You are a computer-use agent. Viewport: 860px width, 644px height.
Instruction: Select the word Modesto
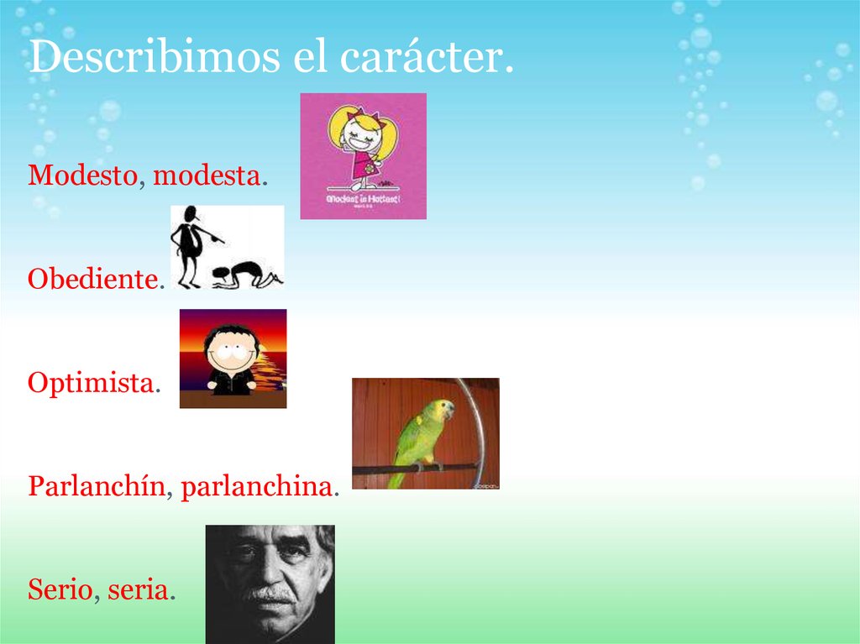82,175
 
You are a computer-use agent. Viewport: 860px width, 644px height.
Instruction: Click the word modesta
207,175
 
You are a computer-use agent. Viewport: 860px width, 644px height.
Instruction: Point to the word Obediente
92,279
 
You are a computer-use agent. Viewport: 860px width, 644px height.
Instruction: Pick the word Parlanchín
96,486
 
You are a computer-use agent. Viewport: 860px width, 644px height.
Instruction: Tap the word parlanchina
257,486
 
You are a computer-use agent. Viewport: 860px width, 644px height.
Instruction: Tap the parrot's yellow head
442,410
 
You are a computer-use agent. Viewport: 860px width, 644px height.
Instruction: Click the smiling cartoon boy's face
230,349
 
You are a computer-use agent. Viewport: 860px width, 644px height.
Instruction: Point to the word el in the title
307,58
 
